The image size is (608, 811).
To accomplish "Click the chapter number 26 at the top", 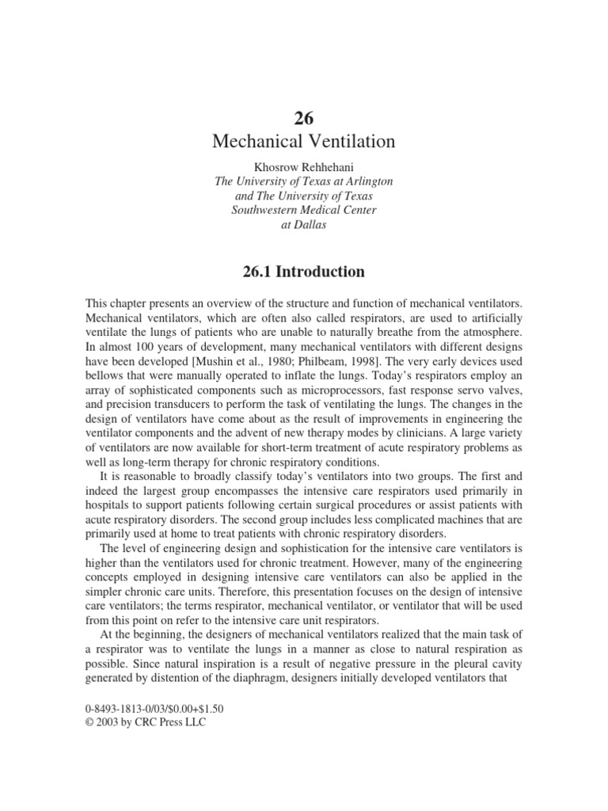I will click(304, 119).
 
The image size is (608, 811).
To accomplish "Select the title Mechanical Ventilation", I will click(304, 143).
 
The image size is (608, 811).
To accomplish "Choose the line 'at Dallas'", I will click(304, 224).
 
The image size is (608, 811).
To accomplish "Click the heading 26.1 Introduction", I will click(304, 272).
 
